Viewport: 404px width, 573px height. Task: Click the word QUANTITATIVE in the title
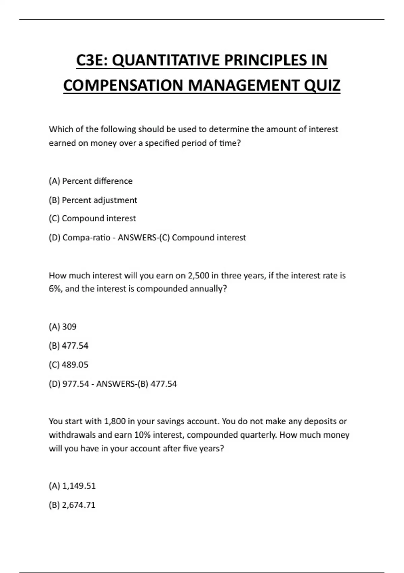click(x=166, y=60)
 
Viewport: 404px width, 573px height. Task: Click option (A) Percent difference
click(x=91, y=181)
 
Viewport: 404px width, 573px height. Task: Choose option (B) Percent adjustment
click(x=93, y=200)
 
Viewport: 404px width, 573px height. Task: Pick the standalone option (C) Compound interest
click(x=92, y=218)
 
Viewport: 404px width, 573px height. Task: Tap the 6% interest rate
click(x=55, y=289)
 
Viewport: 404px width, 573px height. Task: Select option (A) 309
click(x=63, y=327)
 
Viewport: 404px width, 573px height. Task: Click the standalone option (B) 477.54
click(x=68, y=345)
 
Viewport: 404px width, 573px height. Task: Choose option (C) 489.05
click(x=68, y=365)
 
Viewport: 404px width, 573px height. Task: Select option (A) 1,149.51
click(x=72, y=486)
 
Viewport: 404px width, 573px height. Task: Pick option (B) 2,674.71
click(x=72, y=505)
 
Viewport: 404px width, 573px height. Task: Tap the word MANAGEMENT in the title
click(x=244, y=85)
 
